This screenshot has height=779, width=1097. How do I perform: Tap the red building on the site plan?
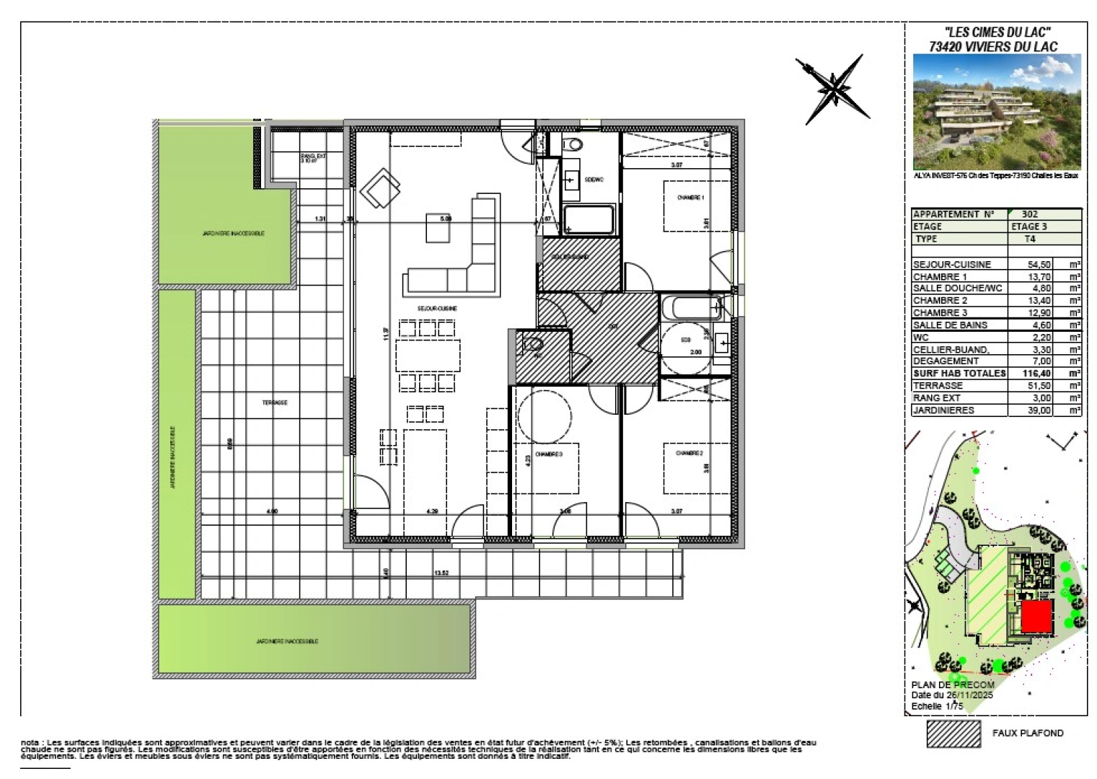1036,617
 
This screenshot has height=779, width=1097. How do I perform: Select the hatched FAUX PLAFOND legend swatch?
953,733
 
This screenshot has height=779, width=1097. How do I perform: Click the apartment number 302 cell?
1030,214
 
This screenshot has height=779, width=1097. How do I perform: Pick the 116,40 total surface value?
1035,374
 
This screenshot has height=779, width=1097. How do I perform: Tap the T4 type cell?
1030,239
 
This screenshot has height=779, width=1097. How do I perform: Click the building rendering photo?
996,112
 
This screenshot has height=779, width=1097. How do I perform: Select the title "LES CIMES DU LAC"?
996,32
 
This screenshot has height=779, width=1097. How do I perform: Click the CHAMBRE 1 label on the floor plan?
690,198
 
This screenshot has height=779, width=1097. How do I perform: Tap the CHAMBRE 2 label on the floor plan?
689,453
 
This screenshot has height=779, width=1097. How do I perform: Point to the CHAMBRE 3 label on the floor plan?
548,455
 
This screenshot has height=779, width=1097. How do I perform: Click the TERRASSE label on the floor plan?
275,402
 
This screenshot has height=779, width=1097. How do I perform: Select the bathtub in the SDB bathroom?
690,309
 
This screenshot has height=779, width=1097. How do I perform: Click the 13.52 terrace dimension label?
441,574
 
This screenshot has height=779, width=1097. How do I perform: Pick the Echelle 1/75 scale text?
937,707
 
